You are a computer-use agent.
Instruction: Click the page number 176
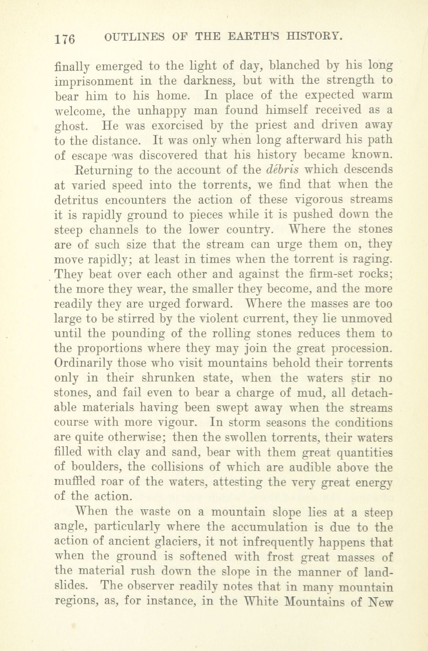click(65, 39)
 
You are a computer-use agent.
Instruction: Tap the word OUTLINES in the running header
click(134, 37)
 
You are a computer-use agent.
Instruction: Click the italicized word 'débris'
click(279, 169)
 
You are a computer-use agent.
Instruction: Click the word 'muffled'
click(75, 482)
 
